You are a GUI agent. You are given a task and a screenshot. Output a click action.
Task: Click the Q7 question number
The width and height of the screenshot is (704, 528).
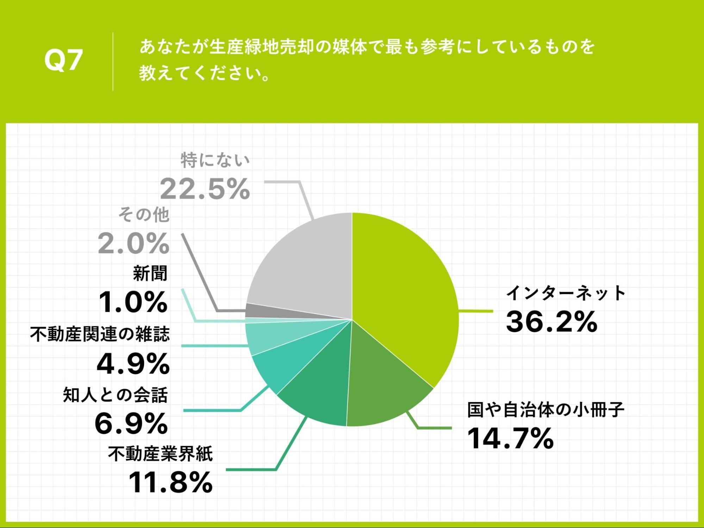[x=63, y=60]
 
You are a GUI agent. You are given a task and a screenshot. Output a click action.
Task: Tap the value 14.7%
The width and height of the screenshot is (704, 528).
[x=510, y=438]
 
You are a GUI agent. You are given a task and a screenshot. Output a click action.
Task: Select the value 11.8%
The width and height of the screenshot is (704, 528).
[x=170, y=482]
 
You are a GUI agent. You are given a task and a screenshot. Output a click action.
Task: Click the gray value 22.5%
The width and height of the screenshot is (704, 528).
[x=205, y=189]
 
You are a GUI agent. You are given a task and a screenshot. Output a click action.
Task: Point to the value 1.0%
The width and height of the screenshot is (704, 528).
[x=133, y=302]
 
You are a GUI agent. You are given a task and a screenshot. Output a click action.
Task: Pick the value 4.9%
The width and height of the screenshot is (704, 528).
[x=133, y=364]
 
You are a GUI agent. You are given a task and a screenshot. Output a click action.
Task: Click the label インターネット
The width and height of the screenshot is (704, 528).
[x=565, y=293]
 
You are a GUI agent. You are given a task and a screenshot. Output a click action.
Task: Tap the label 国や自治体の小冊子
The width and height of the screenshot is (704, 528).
[x=546, y=410]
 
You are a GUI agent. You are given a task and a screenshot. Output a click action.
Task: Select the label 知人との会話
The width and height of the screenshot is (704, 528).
[x=115, y=395]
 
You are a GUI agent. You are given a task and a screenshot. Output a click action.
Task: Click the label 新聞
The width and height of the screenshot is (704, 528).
[x=150, y=273]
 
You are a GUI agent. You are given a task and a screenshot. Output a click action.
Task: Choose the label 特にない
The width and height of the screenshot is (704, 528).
[x=215, y=160]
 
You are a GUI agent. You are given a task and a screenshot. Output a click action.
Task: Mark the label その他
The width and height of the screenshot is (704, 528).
[x=144, y=215]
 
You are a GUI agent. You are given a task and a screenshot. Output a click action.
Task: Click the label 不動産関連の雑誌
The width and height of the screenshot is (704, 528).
[x=100, y=334]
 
